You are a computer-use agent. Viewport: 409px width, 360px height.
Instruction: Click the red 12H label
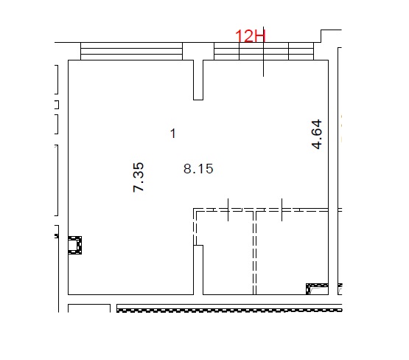(250, 35)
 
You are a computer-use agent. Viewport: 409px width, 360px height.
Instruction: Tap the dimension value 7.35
(139, 177)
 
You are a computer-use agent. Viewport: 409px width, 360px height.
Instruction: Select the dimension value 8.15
(198, 169)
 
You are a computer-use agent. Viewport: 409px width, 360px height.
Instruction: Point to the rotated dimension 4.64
(317, 134)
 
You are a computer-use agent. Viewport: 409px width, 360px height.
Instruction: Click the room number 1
(172, 134)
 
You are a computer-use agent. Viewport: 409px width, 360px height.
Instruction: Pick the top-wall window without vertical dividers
(131, 51)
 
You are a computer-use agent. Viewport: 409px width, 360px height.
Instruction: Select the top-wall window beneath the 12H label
(264, 51)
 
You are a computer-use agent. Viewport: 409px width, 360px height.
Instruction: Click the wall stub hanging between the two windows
(198, 80)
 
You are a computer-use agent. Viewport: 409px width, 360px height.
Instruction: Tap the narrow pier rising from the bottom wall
(198, 270)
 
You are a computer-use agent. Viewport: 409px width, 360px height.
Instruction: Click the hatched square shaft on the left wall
(75, 245)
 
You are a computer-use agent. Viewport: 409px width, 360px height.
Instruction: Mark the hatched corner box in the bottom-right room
(317, 289)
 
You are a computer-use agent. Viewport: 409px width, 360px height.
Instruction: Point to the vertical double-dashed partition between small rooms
(254, 253)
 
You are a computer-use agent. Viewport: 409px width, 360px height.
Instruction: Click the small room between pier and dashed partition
(228, 253)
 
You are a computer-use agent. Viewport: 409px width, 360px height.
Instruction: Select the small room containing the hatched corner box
(292, 253)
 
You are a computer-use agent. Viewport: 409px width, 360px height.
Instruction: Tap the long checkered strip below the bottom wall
(229, 311)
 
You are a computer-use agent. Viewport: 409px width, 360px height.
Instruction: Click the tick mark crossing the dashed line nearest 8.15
(228, 210)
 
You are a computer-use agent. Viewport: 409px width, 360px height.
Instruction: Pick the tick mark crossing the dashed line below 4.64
(282, 210)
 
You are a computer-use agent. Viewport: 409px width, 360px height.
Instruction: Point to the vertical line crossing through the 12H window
(263, 52)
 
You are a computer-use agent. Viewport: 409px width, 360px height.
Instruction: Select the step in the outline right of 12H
(321, 36)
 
